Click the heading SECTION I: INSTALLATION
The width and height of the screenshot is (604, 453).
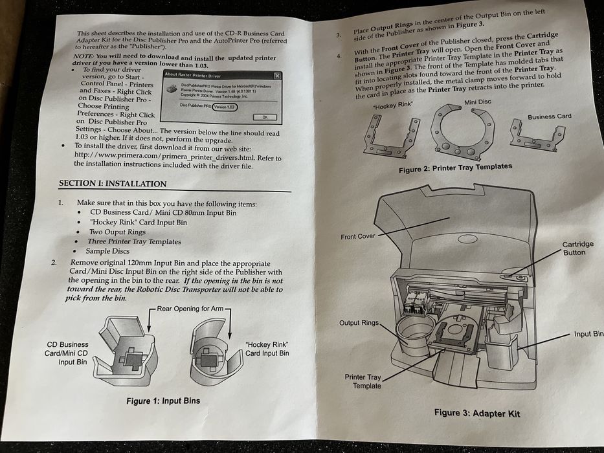[113, 184]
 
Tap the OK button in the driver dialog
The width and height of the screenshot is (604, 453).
[264, 117]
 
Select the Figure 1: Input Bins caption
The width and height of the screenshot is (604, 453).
[163, 401]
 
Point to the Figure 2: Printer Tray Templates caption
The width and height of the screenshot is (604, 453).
[455, 167]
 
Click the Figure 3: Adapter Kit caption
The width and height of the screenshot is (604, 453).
[476, 412]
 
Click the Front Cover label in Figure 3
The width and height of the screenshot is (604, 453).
[357, 237]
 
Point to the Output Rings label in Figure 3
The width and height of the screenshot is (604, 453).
[358, 323]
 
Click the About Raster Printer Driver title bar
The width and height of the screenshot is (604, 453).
[220, 76]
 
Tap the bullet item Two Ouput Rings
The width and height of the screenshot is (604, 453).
[118, 232]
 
